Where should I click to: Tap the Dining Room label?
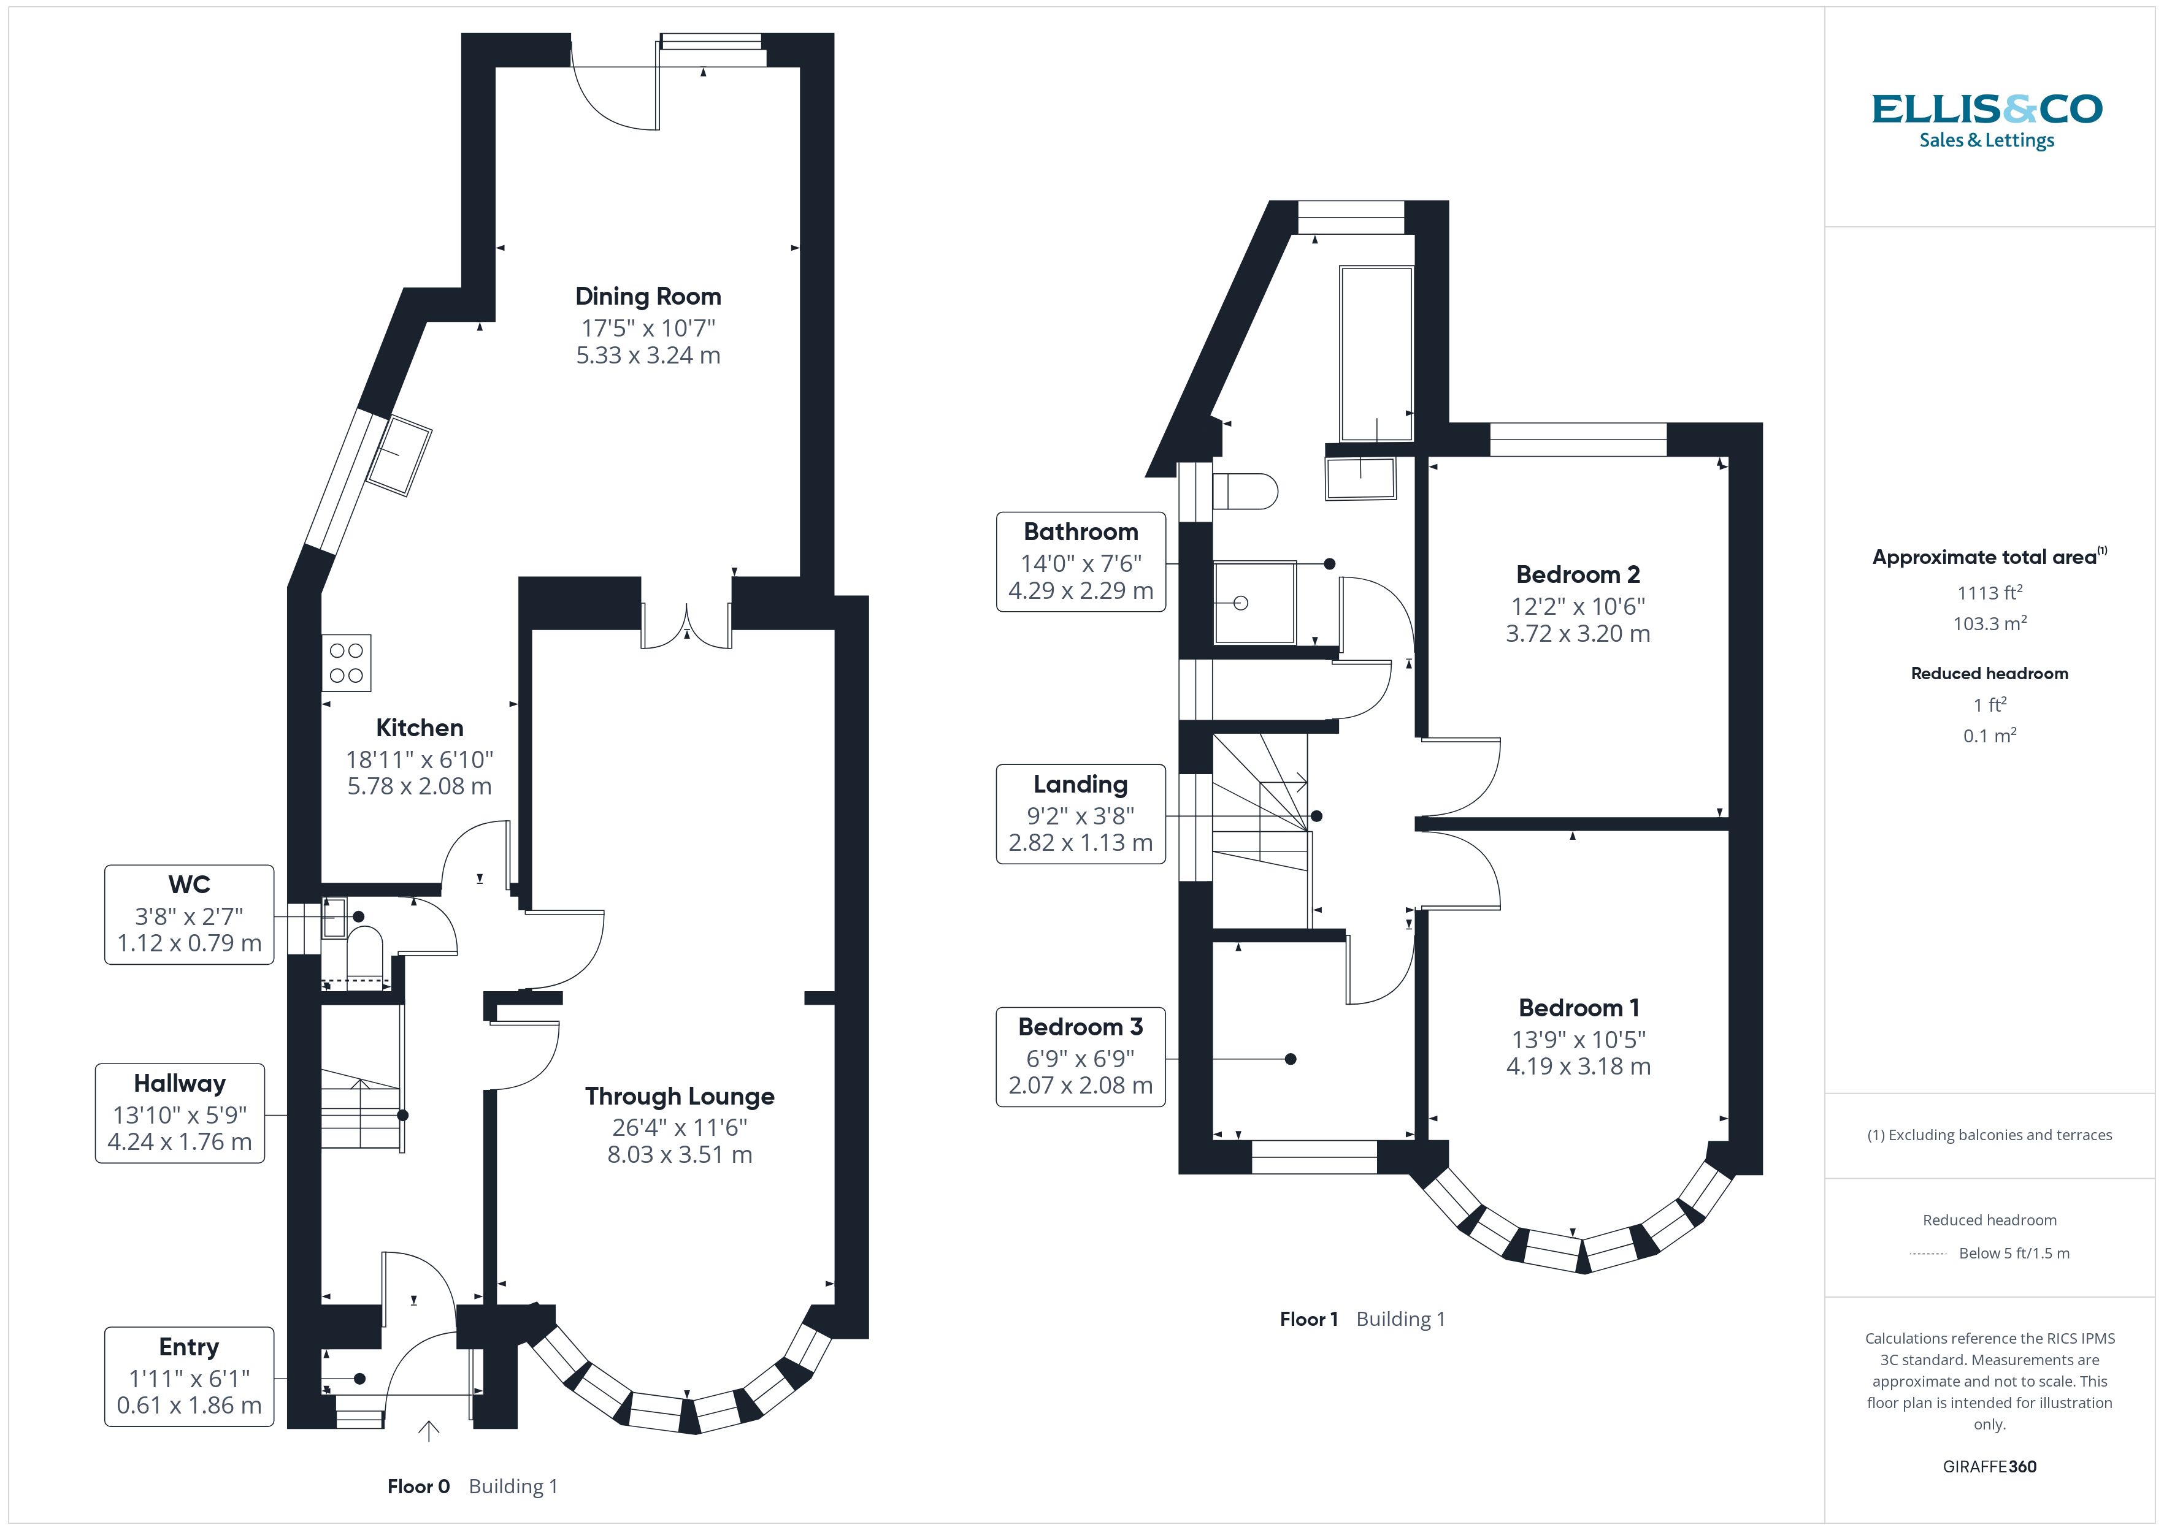648,297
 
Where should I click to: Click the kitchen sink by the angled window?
399,456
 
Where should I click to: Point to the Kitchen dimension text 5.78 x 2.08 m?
420,786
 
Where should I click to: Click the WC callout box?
190,914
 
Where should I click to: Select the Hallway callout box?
180,1113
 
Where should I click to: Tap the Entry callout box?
190,1376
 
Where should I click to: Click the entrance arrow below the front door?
429,1431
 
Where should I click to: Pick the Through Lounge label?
680,1097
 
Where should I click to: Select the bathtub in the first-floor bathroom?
1376,353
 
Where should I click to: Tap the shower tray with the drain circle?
1254,603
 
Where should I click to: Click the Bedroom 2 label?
1578,575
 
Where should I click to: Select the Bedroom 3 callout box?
1081,1057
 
